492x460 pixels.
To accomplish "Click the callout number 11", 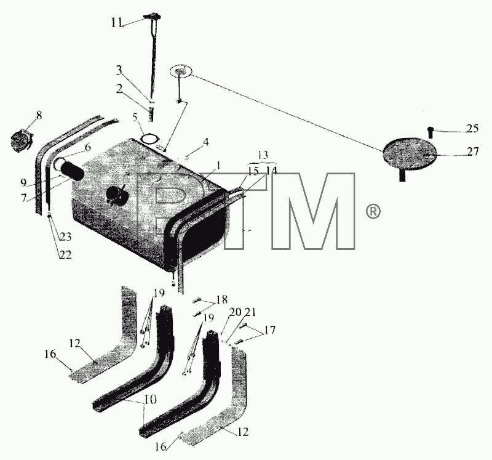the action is [116, 23].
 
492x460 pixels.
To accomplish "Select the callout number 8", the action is [39, 115].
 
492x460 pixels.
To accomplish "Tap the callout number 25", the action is [472, 129].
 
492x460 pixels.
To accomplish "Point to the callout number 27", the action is [473, 151].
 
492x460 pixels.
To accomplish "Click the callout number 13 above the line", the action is [263, 155].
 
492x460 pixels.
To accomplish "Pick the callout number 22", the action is [66, 254].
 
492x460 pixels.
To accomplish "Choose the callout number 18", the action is [222, 299].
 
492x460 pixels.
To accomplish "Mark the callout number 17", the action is [269, 330].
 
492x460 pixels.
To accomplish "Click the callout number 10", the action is [150, 400].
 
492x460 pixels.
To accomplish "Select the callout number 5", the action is [135, 118].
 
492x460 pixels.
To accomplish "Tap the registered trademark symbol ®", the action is [373, 211].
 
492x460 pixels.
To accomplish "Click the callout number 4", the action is [205, 142].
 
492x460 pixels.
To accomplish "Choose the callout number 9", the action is [23, 182].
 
